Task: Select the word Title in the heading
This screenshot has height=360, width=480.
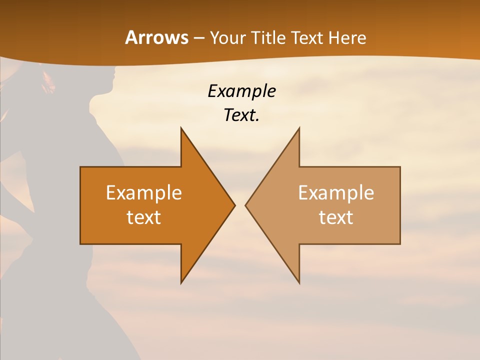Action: pos(267,37)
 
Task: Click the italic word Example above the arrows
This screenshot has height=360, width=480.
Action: pos(241,91)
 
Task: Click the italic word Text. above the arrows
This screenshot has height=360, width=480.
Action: pos(241,115)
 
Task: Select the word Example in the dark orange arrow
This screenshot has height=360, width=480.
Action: pos(144,192)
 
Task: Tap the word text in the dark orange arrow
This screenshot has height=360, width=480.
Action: pos(144,217)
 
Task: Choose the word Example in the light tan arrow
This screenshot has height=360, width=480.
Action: pos(336,192)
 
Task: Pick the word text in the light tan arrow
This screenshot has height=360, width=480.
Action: pos(336,217)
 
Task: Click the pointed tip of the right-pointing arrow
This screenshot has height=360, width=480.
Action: pos(234,205)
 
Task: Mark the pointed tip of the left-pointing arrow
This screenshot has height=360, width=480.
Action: pos(246,205)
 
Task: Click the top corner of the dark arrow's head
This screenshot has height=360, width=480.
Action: pos(181,128)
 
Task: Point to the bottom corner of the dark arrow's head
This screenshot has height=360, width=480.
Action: pos(181,282)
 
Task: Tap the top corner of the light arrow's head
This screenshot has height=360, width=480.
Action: pos(299,128)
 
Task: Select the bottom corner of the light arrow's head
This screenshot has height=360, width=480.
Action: pos(299,282)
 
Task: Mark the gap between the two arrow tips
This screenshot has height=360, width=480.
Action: pos(240,205)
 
